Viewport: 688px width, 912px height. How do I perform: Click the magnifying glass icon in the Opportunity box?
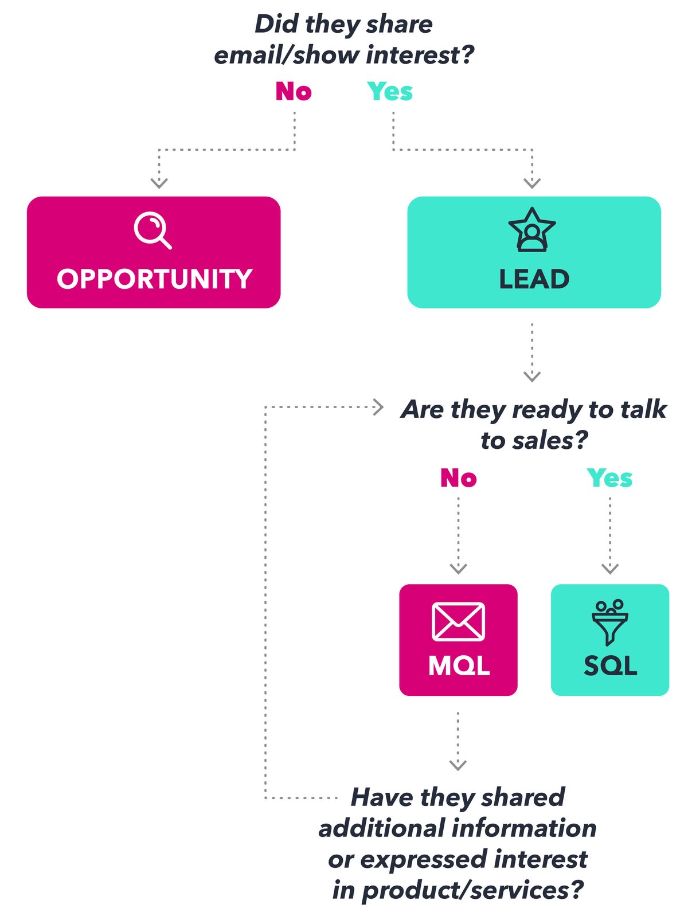(152, 230)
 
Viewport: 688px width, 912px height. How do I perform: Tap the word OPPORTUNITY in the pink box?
(154, 279)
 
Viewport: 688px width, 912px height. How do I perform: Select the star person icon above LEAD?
(532, 230)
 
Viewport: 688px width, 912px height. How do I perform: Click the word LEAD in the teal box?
(534, 279)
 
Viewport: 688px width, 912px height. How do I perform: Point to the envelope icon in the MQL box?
(458, 621)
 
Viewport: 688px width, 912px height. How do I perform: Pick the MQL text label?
(459, 666)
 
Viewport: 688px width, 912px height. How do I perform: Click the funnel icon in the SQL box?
(609, 623)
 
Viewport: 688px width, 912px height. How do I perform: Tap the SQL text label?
(610, 666)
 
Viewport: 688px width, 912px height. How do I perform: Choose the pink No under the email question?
(294, 91)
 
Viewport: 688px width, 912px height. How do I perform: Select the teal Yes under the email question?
(390, 91)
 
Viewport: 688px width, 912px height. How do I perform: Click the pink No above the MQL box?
(458, 477)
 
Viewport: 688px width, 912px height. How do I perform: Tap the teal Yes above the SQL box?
(609, 477)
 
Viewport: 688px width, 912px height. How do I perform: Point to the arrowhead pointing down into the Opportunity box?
(159, 183)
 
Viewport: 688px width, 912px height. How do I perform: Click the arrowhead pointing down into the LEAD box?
(532, 183)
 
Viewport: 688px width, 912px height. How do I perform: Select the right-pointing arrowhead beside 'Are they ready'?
(378, 407)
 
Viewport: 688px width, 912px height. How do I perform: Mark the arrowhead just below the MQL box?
(458, 765)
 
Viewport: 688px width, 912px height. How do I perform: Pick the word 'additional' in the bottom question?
(381, 828)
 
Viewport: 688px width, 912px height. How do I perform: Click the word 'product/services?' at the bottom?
(472, 890)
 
